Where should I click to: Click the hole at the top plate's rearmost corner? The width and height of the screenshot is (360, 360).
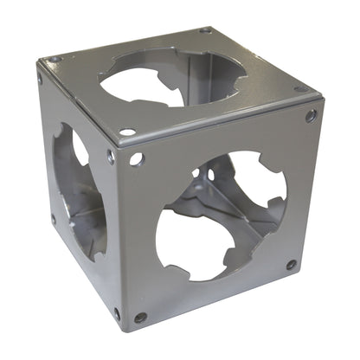[x=205, y=30]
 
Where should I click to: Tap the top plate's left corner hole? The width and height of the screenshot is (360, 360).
[x=56, y=60]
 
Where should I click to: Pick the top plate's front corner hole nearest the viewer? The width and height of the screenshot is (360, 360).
[x=127, y=132]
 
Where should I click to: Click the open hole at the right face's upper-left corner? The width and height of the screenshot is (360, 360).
[x=137, y=159]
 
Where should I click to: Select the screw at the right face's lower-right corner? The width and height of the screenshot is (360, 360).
[x=292, y=264]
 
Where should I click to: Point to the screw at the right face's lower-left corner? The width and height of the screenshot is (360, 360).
[x=140, y=318]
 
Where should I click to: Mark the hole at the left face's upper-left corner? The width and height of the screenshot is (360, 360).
[x=41, y=79]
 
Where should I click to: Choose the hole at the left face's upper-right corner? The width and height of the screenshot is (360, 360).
[x=111, y=157]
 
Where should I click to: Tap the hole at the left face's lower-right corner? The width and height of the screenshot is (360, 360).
[x=116, y=312]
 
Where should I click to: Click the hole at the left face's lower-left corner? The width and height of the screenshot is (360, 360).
[x=53, y=219]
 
